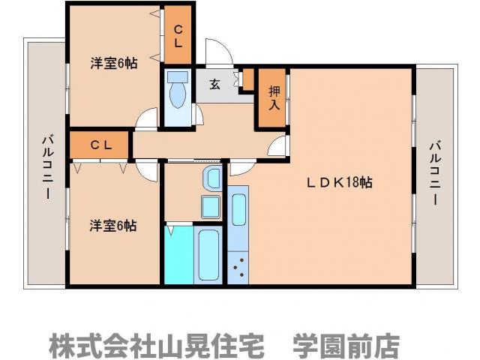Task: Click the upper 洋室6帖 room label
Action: [x=113, y=64]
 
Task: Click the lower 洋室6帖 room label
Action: [x=113, y=225]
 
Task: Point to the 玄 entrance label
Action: [x=214, y=85]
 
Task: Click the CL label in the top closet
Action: [x=178, y=36]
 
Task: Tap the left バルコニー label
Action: [x=46, y=166]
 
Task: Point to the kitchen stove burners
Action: [x=239, y=267]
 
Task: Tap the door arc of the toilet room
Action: [x=197, y=113]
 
